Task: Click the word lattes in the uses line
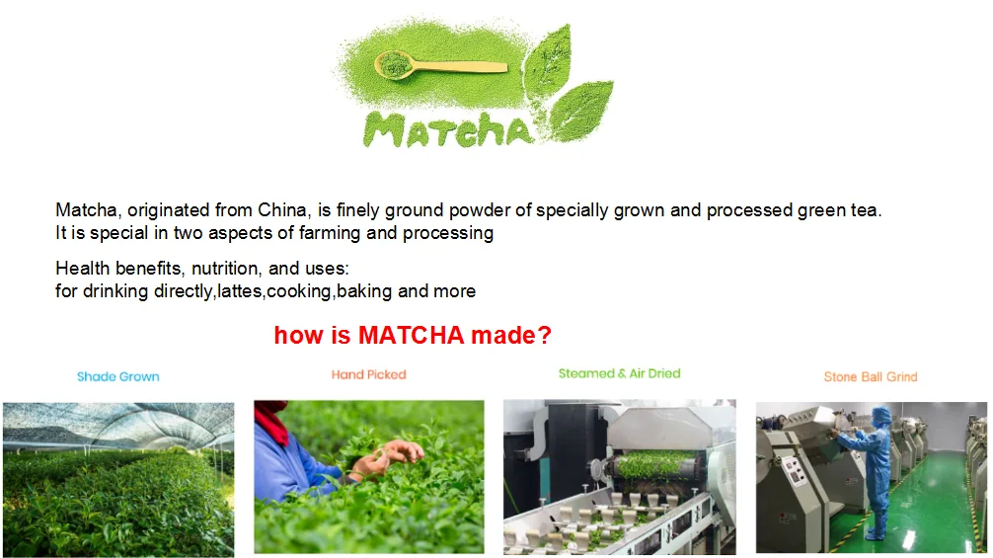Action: [240, 291]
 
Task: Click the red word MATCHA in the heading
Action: [411, 336]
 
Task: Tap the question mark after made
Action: [545, 336]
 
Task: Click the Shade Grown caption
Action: [117, 376]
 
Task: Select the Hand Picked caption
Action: [368, 374]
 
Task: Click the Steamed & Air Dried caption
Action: [619, 373]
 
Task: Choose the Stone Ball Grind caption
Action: [870, 376]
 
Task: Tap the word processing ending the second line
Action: [453, 233]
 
